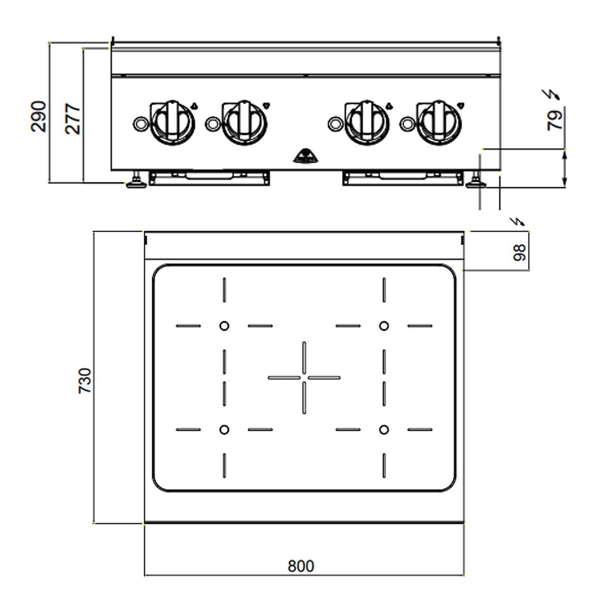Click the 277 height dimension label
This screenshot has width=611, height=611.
pos(73,119)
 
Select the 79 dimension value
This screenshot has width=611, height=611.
pos(555,119)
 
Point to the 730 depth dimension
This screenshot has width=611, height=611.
pos(85,380)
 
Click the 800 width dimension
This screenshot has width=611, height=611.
pos(301,566)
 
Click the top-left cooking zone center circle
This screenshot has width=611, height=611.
pos(224,326)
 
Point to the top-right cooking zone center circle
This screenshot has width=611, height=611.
pos(384,326)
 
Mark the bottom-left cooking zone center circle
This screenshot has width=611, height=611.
pos(224,429)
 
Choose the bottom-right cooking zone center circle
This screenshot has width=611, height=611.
pos(384,429)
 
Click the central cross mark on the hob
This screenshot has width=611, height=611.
pos(304,378)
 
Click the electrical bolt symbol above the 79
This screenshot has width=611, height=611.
pos(552,95)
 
